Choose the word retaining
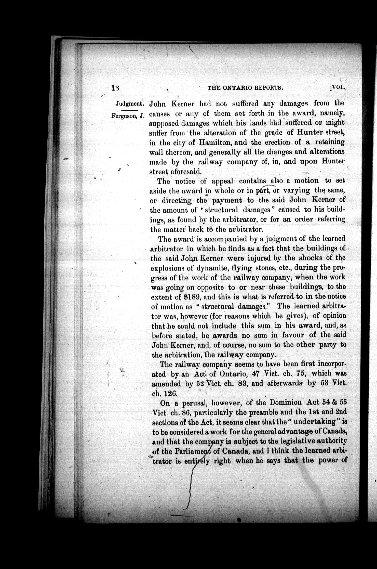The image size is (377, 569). coord(327,142)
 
